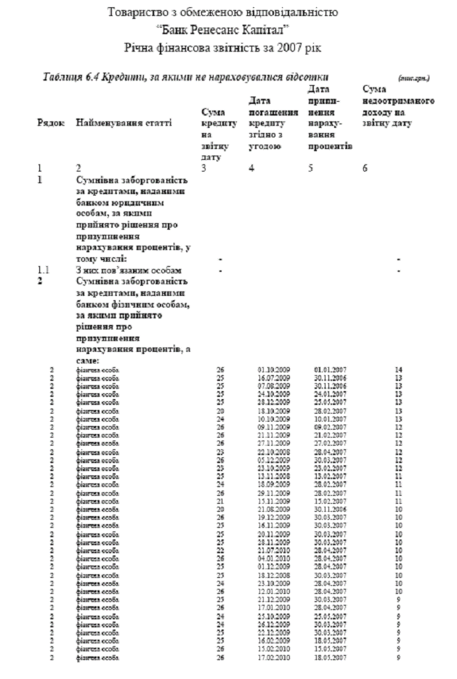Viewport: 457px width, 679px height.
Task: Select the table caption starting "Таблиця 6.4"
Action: (x=186, y=75)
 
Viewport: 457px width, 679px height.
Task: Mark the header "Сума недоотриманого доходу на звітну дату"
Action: (x=397, y=106)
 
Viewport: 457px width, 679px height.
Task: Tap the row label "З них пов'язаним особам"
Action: (x=128, y=270)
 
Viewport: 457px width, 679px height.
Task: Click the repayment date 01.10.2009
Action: (x=273, y=369)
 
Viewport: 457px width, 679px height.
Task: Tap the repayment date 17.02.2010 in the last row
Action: (x=273, y=658)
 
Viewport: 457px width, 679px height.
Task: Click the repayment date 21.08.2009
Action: (x=273, y=510)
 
